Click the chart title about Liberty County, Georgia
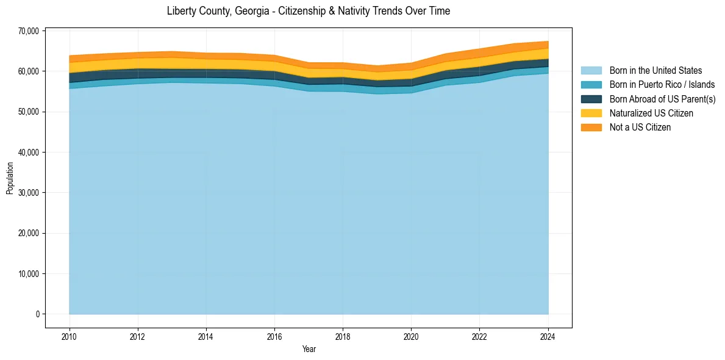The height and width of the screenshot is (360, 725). pos(308,11)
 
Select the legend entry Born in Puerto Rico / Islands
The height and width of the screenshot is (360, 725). pos(662,85)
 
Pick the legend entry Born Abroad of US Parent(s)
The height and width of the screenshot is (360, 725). pos(662,99)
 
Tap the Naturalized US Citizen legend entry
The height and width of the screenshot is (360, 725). pos(651,113)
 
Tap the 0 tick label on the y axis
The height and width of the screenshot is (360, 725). pos(37,314)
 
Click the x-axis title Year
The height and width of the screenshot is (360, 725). pos(309,349)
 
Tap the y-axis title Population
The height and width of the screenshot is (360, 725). pos(10,178)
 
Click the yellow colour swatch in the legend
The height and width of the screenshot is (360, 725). pos(591,113)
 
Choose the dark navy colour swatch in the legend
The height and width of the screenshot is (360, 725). pos(591,99)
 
